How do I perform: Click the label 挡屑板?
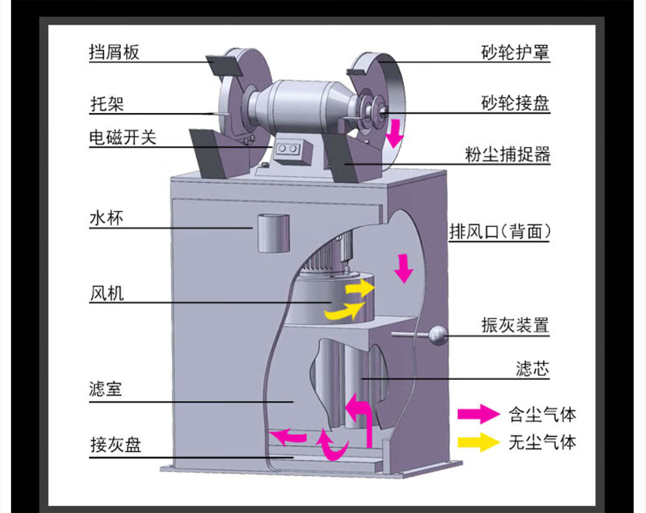[114, 52]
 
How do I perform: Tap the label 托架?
[106, 103]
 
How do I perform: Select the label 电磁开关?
[123, 138]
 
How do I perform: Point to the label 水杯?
[106, 218]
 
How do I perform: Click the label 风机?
[106, 294]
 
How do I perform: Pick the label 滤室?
[106, 391]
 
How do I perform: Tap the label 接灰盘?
[115, 446]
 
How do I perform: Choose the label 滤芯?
[532, 369]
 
